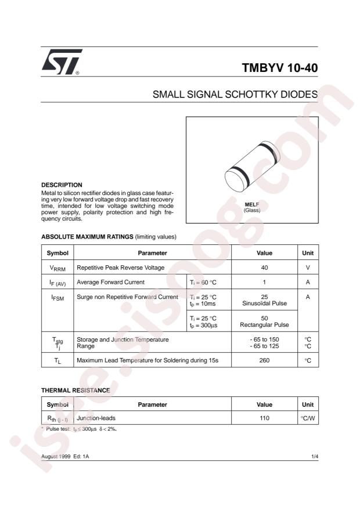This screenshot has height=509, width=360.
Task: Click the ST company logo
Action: coord(61,62)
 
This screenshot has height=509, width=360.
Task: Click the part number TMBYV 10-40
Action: coord(280,67)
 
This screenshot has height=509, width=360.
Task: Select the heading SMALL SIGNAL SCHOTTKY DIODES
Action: coord(235,94)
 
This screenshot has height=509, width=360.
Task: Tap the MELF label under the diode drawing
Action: coord(252,205)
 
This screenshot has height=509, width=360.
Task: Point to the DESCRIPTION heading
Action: coord(62,185)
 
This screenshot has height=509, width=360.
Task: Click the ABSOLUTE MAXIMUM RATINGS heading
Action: coord(87,237)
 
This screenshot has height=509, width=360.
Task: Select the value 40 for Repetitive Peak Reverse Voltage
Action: coord(264,268)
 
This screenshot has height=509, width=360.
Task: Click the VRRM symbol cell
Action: coord(57,268)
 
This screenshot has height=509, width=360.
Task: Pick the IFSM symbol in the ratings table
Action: coord(57,297)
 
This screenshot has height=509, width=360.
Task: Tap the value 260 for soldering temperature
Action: coord(264,361)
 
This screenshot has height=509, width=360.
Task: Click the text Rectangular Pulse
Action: coord(264,326)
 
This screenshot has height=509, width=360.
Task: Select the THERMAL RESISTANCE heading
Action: coord(75,391)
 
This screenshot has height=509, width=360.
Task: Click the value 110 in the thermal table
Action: coord(264,417)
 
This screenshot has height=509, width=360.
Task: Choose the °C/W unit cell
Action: coord(308,417)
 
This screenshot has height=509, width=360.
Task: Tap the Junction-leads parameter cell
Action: coord(96,417)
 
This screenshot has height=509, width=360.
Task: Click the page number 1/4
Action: coord(314,457)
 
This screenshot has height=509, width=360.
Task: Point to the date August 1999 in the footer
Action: coord(56,457)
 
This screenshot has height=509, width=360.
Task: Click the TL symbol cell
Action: coord(57,361)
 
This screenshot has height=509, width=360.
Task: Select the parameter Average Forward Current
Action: coord(111,283)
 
